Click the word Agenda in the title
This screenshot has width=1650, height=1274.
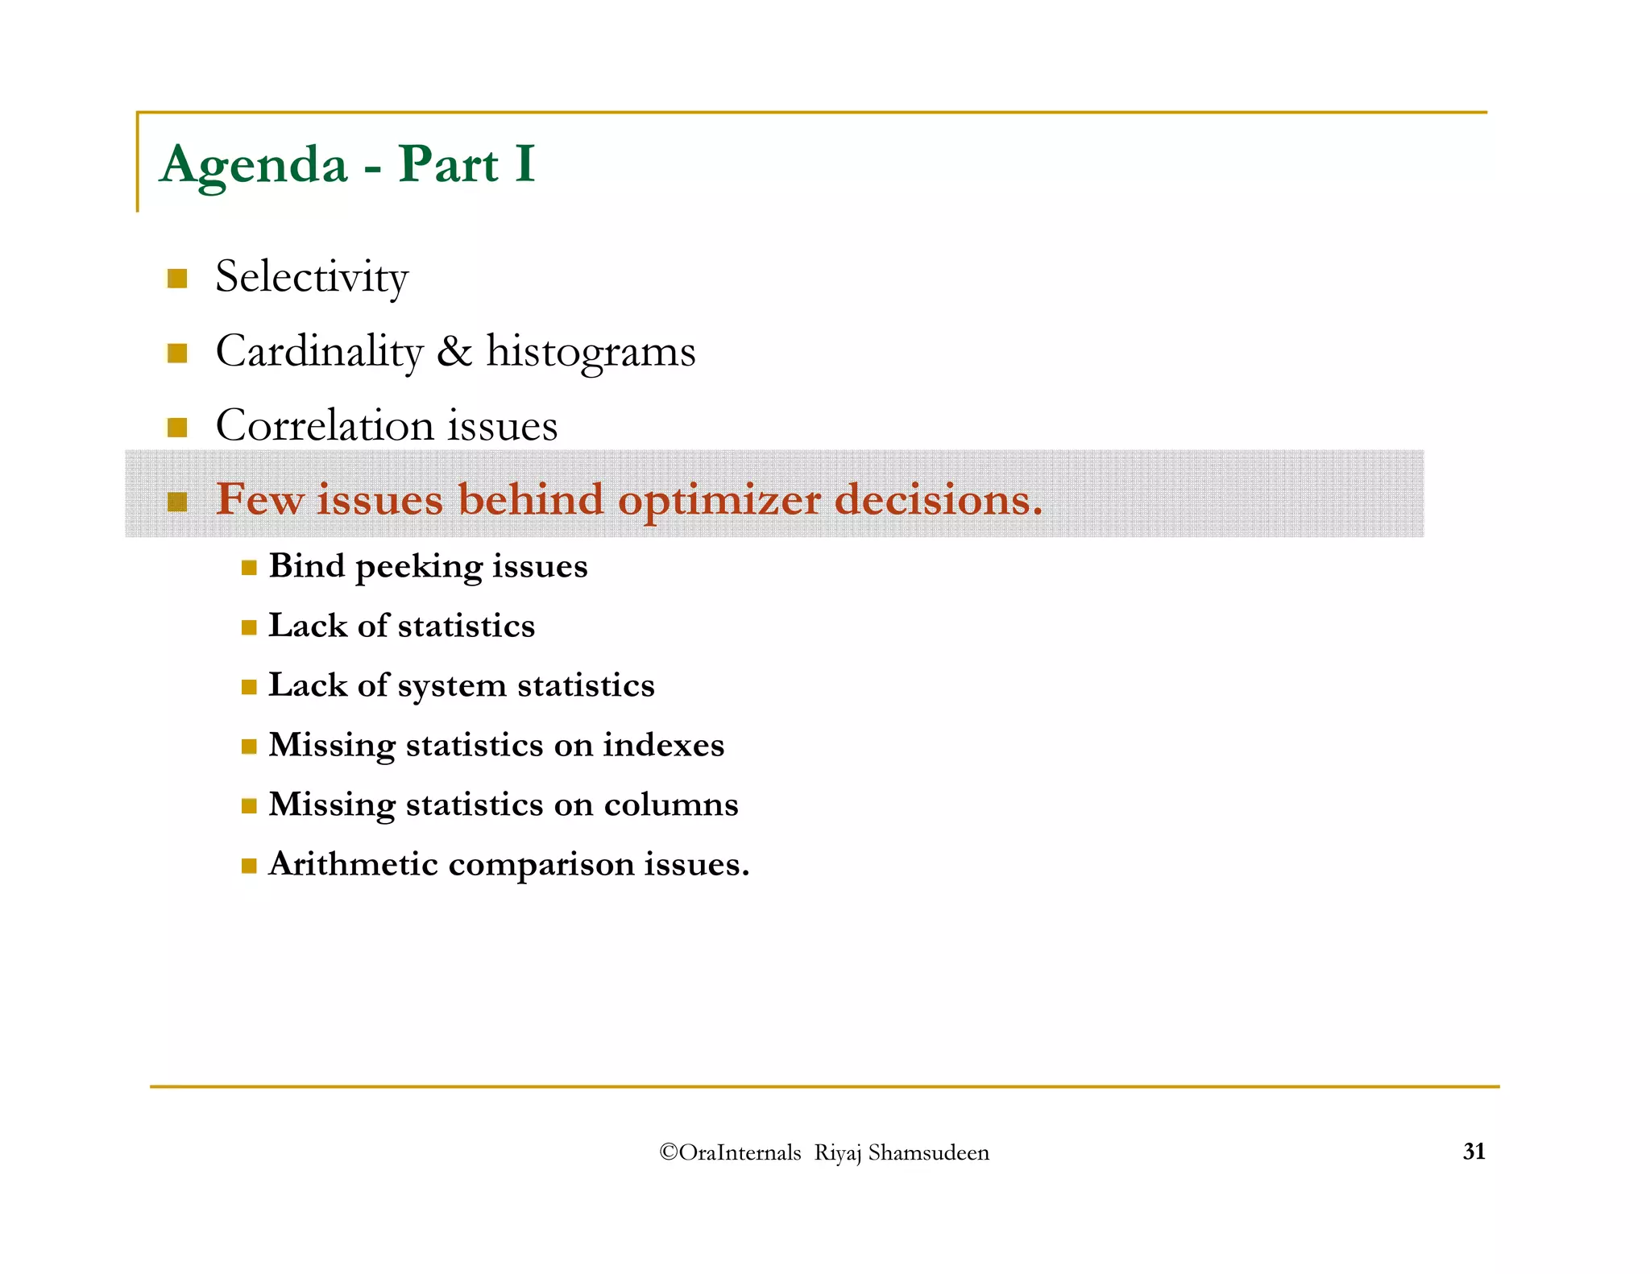point(254,165)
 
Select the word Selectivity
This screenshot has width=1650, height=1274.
point(312,277)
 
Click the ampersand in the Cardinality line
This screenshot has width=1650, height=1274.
point(454,351)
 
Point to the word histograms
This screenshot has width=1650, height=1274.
point(591,352)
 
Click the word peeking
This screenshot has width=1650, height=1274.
point(419,567)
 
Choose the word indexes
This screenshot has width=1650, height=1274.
point(663,745)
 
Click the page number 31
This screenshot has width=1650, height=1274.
point(1474,1152)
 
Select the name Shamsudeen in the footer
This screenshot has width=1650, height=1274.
point(928,1152)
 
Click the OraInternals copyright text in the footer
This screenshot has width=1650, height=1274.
point(730,1152)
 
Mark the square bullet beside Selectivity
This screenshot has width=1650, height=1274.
point(177,279)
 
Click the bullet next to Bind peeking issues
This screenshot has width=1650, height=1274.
point(249,568)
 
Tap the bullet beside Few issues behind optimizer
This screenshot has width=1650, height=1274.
point(177,502)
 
